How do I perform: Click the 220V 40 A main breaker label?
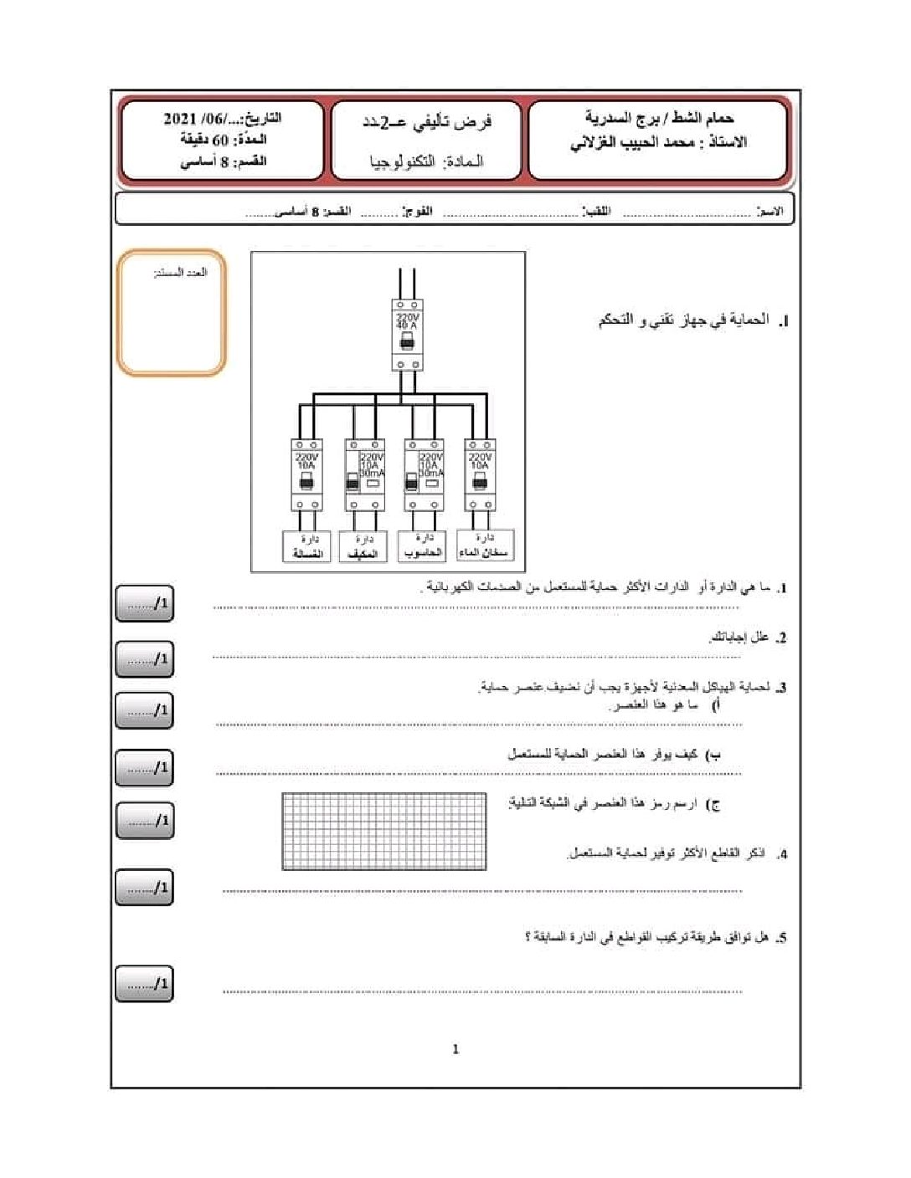point(407,321)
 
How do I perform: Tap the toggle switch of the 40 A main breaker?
point(407,342)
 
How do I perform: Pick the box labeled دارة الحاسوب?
point(423,546)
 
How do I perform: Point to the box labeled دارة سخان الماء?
point(485,545)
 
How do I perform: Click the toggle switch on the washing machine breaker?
point(306,482)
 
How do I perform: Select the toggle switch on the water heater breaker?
point(480,482)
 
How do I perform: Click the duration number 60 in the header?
point(220,140)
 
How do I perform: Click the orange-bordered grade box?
point(172,312)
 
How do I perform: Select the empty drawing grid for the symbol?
point(384,831)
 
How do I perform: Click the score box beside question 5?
point(144,983)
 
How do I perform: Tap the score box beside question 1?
point(144,603)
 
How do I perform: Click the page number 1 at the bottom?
point(455,1049)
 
